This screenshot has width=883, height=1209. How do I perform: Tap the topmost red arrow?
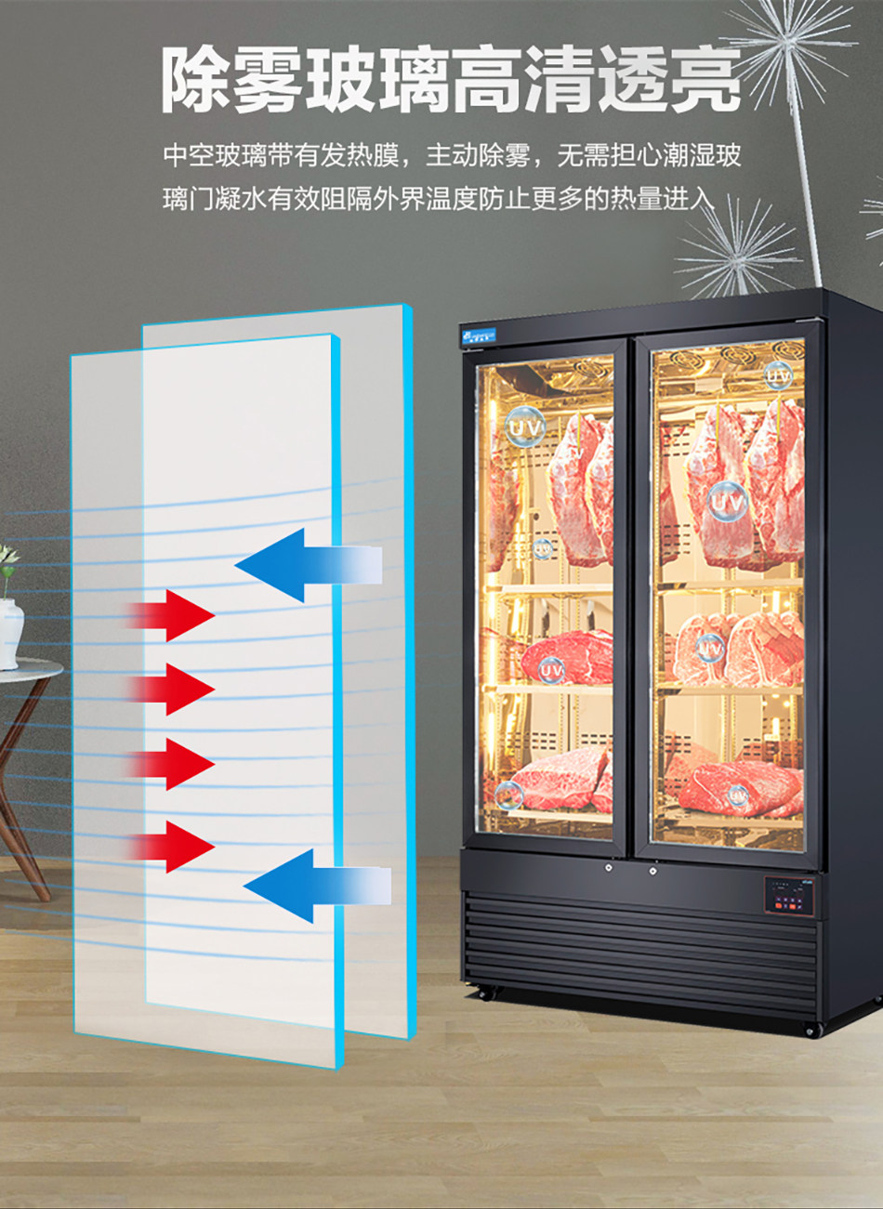tap(177, 614)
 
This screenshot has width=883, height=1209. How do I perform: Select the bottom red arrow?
tap(177, 846)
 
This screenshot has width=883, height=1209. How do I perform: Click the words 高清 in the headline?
tap(515, 80)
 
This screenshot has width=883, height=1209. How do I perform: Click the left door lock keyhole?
tap(608, 869)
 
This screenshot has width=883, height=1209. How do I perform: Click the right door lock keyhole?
tap(652, 870)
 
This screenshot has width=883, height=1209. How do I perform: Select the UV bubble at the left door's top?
tap(526, 427)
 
